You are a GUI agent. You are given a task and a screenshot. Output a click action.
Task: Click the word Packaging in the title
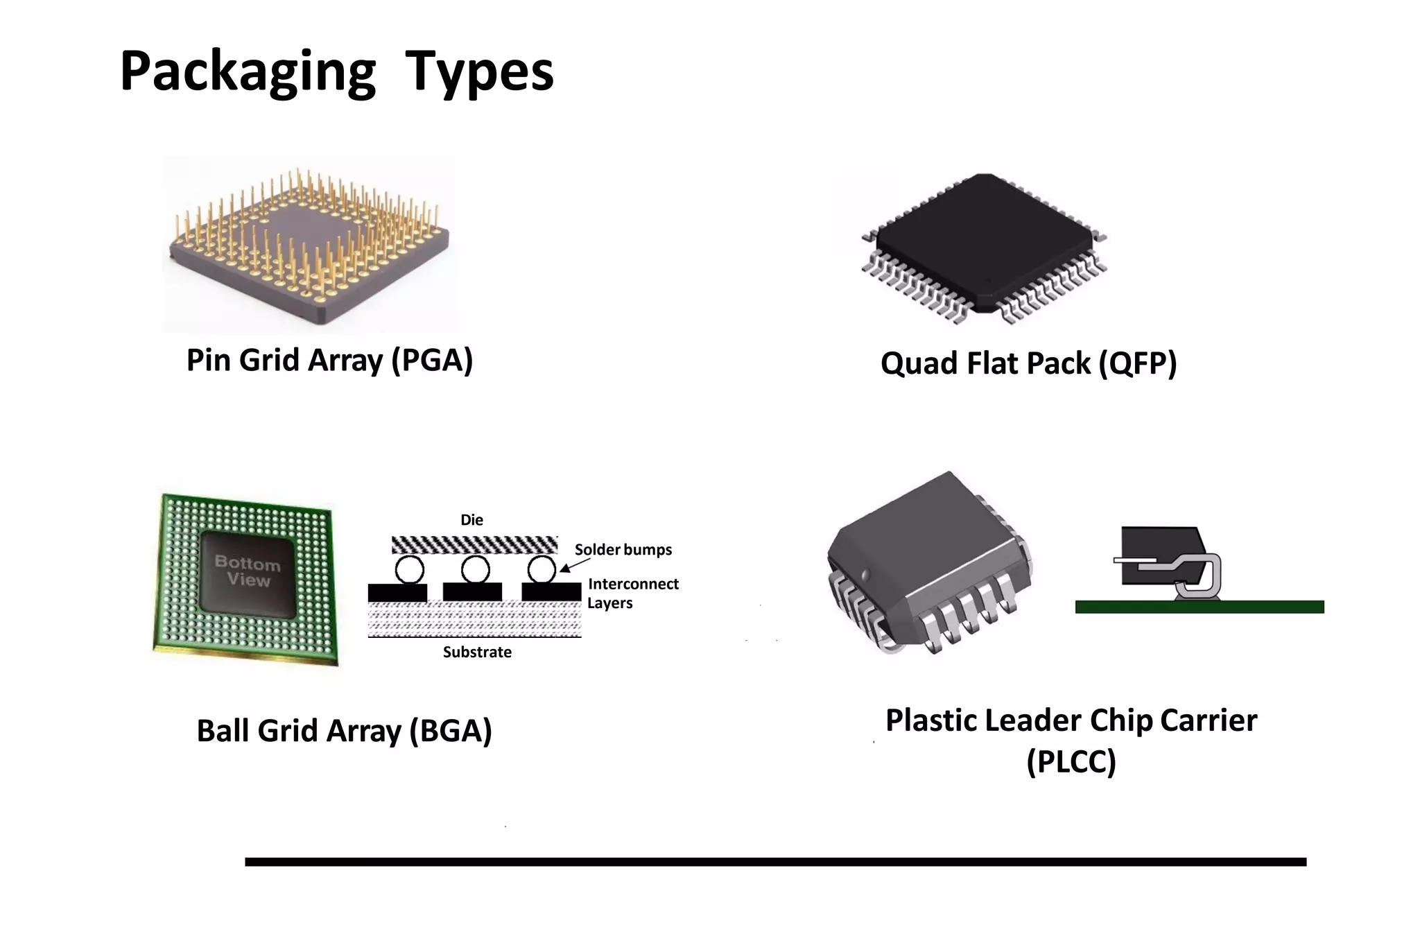point(248,71)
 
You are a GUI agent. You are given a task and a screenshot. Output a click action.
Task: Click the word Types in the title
point(479,71)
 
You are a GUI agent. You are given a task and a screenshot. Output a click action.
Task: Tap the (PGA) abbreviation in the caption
point(432,361)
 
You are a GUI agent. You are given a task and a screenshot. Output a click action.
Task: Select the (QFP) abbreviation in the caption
point(1138,364)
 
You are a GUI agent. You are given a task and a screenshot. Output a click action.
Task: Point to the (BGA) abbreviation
point(451,731)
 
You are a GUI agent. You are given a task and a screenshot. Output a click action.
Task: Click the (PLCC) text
point(1071,761)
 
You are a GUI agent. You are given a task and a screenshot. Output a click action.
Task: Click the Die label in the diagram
point(471,520)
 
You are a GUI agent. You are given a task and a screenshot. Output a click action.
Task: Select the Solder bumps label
point(623,550)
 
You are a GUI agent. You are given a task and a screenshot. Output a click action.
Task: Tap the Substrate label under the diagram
point(477,652)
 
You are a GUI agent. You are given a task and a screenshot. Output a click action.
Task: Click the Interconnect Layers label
point(632,594)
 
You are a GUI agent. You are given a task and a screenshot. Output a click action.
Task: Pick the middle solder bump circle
point(475,570)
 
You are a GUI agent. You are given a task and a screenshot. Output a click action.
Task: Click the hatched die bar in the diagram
point(474,544)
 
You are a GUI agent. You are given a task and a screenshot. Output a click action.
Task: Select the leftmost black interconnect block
point(397,592)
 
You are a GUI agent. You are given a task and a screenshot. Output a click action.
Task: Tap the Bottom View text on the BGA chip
point(248,571)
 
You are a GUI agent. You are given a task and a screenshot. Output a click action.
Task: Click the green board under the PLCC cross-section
point(1200,607)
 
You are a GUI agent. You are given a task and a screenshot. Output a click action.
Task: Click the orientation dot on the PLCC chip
point(865,574)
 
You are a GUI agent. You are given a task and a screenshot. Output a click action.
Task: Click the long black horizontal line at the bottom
point(775,862)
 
